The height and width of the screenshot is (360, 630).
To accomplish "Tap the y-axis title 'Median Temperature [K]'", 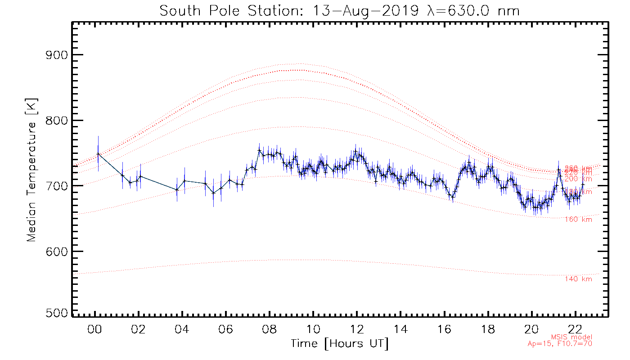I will coord(31,170).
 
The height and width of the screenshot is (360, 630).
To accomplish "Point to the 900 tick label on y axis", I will coord(58,55).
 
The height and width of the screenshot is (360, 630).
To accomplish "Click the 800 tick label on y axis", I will coord(58,121).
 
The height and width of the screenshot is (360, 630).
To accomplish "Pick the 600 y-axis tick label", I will coord(58,251).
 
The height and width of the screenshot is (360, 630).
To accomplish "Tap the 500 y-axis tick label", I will coord(58,313).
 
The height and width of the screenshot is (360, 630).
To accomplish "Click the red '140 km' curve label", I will coord(578,279).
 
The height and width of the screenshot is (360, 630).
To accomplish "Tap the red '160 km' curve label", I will coord(578,220).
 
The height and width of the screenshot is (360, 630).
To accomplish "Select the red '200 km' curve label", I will coord(578,179).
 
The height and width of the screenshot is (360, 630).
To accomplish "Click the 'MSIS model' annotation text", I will coord(571,337).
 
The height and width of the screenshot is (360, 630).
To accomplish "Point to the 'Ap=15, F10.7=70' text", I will coord(560,344).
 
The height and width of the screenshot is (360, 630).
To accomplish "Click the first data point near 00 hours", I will coord(98,154).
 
